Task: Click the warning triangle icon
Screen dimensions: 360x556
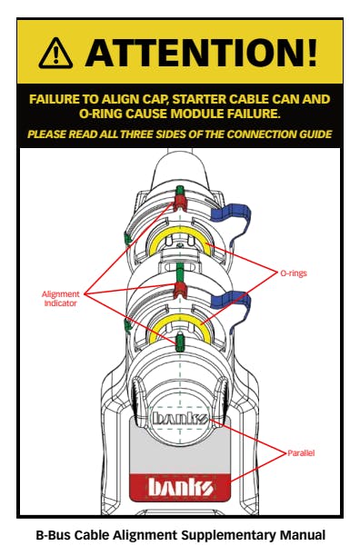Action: (55, 54)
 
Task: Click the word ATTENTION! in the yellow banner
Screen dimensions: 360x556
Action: (201, 54)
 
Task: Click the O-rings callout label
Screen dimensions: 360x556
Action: (294, 273)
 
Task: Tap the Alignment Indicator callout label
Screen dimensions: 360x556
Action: (60, 299)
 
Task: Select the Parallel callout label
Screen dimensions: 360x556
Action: (301, 453)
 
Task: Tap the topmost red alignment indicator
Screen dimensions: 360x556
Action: (180, 203)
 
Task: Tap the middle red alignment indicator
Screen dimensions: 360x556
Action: (180, 290)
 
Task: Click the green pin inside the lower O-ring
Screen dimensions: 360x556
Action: (180, 341)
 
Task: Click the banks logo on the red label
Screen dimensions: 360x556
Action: (180, 488)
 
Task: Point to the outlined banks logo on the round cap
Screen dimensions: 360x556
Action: (180, 418)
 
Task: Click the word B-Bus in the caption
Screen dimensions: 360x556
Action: (54, 535)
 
